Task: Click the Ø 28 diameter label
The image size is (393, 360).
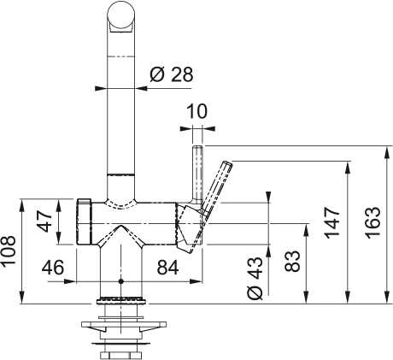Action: [171, 74]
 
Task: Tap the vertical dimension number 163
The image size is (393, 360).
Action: [373, 221]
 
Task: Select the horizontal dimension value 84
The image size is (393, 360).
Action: [167, 268]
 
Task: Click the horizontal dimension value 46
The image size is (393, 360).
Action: [53, 268]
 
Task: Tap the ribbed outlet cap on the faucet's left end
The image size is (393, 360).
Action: [85, 221]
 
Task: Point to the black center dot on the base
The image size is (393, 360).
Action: [120, 280]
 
